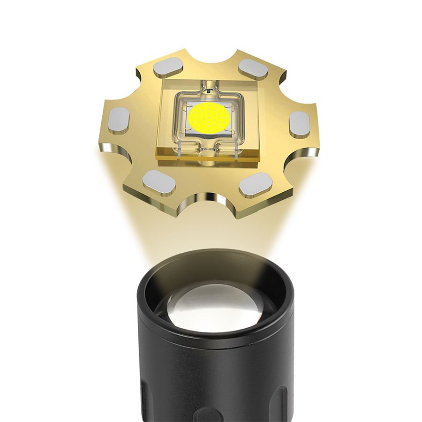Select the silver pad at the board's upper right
click(253, 70)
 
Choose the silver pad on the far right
click(300, 124)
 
